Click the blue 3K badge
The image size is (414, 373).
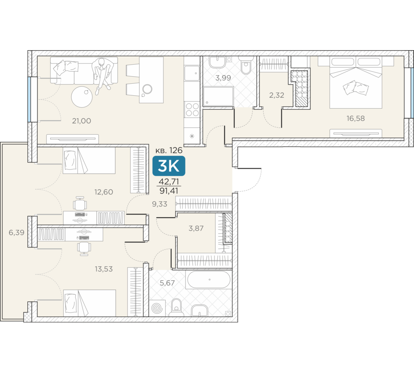[x=169, y=166]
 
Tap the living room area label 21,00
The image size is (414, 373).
[x=82, y=121]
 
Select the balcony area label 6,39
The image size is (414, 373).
[x=17, y=233]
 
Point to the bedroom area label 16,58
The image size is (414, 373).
[x=356, y=118]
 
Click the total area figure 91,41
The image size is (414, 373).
[x=169, y=191]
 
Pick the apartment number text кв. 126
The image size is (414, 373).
[x=169, y=150]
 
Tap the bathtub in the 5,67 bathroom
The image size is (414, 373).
[x=209, y=279]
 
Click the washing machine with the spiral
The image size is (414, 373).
[x=158, y=308]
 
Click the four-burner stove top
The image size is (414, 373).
[x=192, y=109]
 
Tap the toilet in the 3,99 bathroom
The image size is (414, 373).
[x=246, y=65]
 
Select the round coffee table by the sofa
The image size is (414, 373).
[x=82, y=97]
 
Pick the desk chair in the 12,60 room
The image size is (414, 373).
[x=79, y=203]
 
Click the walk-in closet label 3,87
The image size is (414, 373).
[x=196, y=228]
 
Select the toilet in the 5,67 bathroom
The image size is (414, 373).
[x=176, y=308]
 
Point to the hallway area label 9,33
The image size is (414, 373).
[x=159, y=204]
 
